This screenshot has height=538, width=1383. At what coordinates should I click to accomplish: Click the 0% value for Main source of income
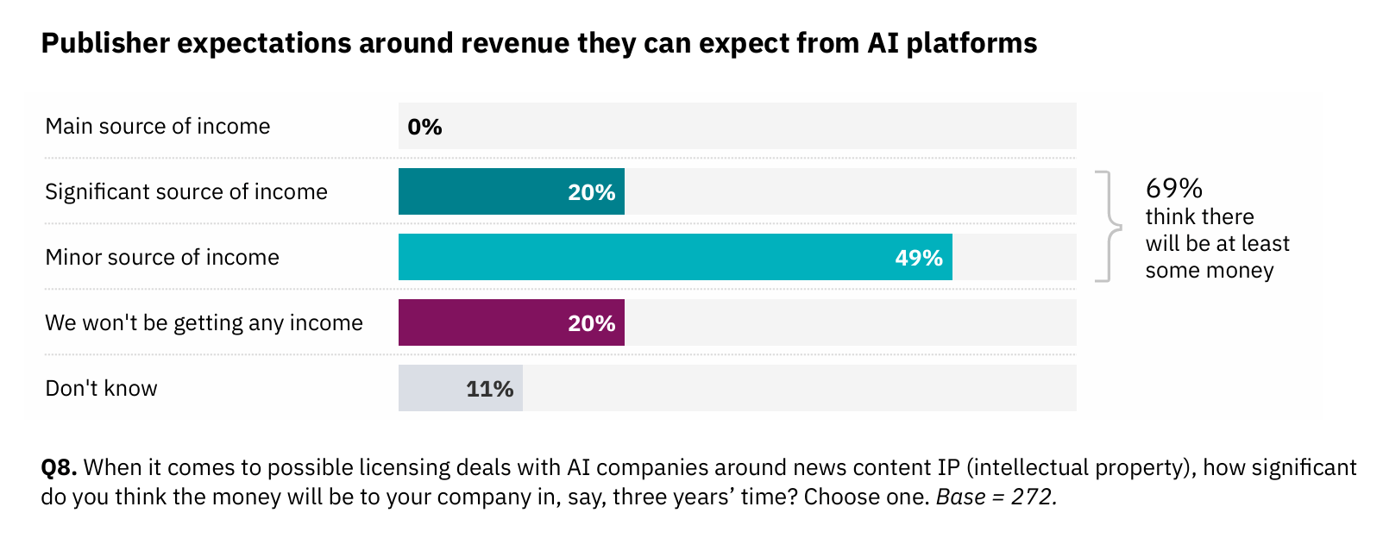point(424,127)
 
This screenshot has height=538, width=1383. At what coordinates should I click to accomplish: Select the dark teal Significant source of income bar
point(483,191)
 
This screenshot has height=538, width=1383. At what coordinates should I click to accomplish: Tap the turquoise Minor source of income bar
point(647,257)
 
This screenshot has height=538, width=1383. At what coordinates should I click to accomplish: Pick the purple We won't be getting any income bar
point(483,322)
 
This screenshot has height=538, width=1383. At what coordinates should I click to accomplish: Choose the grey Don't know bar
point(431,388)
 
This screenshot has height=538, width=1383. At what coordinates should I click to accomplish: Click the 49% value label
point(918,258)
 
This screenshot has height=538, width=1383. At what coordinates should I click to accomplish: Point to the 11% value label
point(489,389)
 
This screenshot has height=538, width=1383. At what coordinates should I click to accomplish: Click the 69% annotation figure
point(1173,188)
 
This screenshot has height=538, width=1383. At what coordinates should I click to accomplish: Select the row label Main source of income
point(157,127)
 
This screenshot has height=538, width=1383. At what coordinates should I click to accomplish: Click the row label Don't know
point(101,389)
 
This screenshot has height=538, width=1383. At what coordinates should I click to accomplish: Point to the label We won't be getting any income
point(204,323)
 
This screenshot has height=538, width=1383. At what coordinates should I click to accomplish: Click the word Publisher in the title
point(105,43)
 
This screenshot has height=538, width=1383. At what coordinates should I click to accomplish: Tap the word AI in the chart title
point(883,43)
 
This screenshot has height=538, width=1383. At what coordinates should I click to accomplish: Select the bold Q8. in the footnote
point(59,467)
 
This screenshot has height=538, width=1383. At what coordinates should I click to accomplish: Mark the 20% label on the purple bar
point(591,323)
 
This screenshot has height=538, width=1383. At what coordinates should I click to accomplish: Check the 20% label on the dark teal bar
point(591,192)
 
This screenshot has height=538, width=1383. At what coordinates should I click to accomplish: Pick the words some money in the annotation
point(1209,271)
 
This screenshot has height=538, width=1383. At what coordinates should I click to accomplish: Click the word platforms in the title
point(971,43)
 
